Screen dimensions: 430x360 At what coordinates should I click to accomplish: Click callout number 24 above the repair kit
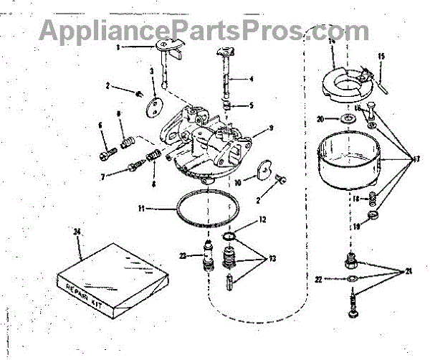coord(77,231)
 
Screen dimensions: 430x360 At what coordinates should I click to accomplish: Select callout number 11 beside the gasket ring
coord(143,209)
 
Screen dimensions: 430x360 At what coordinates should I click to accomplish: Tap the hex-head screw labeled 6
coord(107,152)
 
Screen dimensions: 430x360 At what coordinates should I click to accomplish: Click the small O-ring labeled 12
coord(229,237)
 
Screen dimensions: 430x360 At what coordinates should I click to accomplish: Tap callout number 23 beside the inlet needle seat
coord(183,255)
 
